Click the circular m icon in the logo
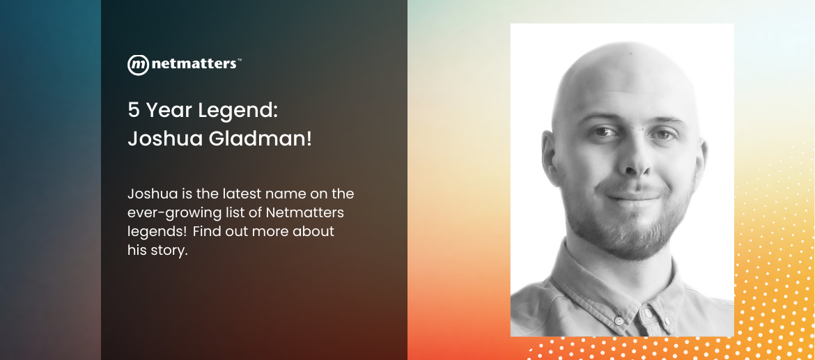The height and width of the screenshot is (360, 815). coord(138,65)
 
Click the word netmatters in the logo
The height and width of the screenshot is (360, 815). coord(194,64)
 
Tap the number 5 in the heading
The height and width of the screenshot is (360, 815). coord(134,110)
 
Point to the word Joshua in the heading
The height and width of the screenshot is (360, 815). coord(165,139)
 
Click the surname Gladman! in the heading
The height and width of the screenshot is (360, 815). coord(261,139)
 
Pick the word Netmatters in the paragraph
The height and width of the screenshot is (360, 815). coord(305,212)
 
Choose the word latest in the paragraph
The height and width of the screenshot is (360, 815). coord(242,194)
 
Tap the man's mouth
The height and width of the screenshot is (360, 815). coord(633,197)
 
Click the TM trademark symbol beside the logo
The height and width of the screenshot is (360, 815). coord(239,59)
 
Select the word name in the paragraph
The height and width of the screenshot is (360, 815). coord(286,194)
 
